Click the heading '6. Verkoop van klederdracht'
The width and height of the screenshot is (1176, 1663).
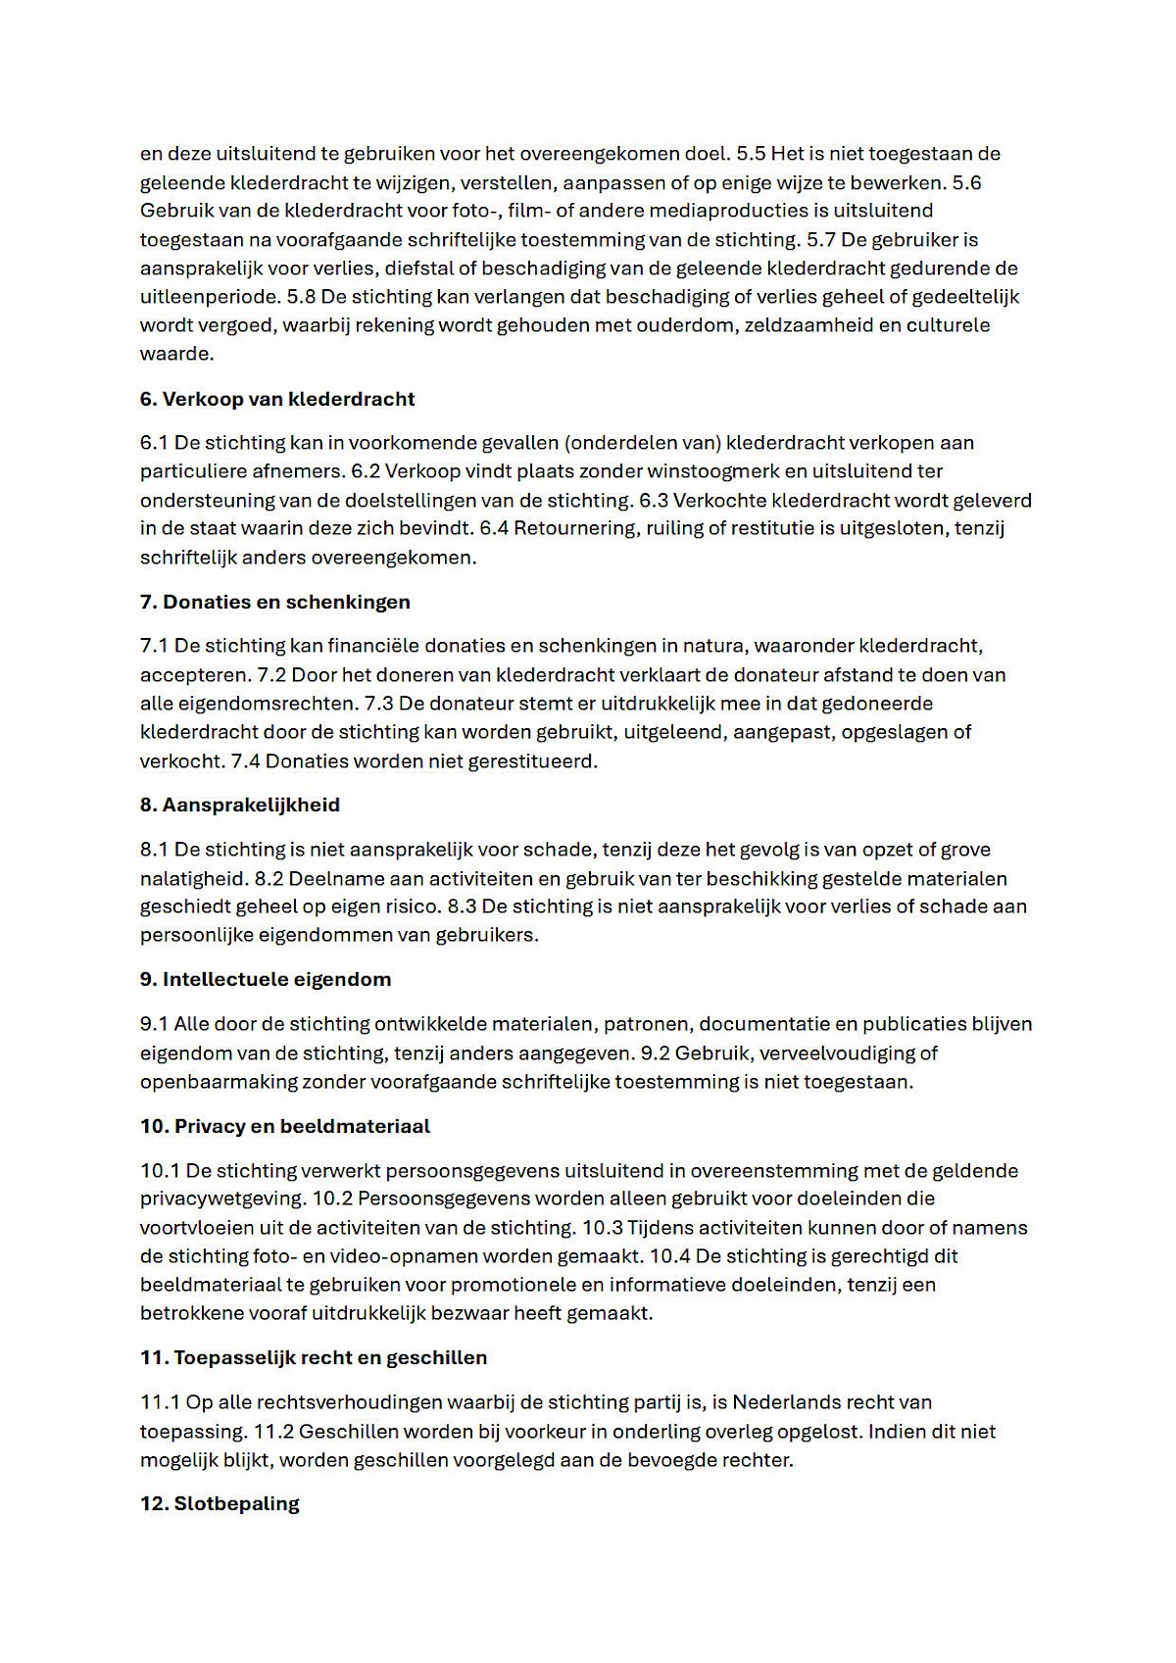coord(277,399)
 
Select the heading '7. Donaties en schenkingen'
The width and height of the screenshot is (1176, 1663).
coord(275,602)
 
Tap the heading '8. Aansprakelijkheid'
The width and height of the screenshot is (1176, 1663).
coord(240,805)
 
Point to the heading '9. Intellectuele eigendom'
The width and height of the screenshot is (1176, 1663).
coord(266,979)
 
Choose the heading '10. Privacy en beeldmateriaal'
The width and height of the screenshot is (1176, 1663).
coord(285,1126)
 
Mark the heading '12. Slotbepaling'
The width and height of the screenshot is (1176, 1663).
coord(220,1503)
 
